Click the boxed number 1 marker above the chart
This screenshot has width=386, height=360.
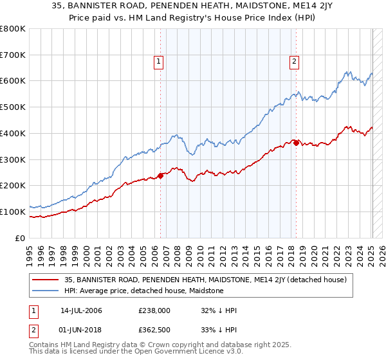click(x=158, y=62)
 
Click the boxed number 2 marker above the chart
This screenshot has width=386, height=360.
click(x=294, y=62)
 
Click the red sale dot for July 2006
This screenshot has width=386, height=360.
click(x=160, y=175)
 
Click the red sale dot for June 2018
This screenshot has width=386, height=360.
click(x=296, y=143)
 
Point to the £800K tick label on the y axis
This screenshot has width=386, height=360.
click(x=13, y=29)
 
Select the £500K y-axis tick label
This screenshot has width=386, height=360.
click(x=13, y=107)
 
